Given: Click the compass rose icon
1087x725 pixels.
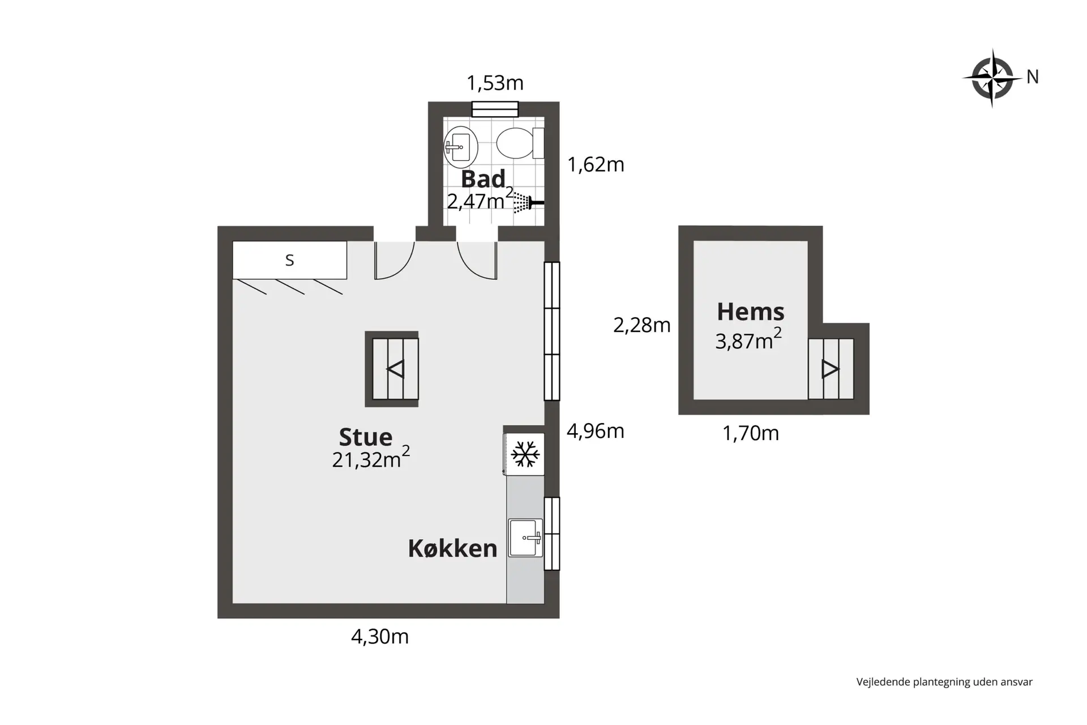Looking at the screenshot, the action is (992, 78).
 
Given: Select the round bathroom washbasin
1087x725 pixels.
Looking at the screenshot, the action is (461, 147).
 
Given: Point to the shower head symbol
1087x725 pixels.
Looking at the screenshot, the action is (528, 203).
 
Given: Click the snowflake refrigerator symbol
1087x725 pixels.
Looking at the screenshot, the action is (525, 454).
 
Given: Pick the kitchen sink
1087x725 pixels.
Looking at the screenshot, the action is (525, 538).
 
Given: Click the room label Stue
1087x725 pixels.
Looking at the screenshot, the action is (365, 437).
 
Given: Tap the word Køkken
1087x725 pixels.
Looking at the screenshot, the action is (452, 548).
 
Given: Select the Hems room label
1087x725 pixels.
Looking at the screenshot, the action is (751, 312).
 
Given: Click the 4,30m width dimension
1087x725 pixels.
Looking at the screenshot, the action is (380, 637).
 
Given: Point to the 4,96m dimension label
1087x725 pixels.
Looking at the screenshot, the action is (596, 431).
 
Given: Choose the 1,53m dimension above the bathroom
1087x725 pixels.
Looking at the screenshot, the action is (495, 83).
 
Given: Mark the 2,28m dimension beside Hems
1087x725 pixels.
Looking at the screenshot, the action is (642, 325).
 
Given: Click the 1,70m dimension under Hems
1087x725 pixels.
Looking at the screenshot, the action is (751, 433).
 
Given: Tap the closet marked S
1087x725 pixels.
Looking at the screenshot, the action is (290, 260).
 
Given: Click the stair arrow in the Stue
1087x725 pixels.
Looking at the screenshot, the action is (395, 369).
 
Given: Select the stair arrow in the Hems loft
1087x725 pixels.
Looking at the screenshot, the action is (830, 369).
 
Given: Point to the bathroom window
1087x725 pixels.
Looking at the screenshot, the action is (495, 109).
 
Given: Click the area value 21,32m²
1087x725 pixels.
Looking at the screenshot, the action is (371, 458).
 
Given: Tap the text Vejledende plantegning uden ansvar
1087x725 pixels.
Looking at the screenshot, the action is (944, 682).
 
